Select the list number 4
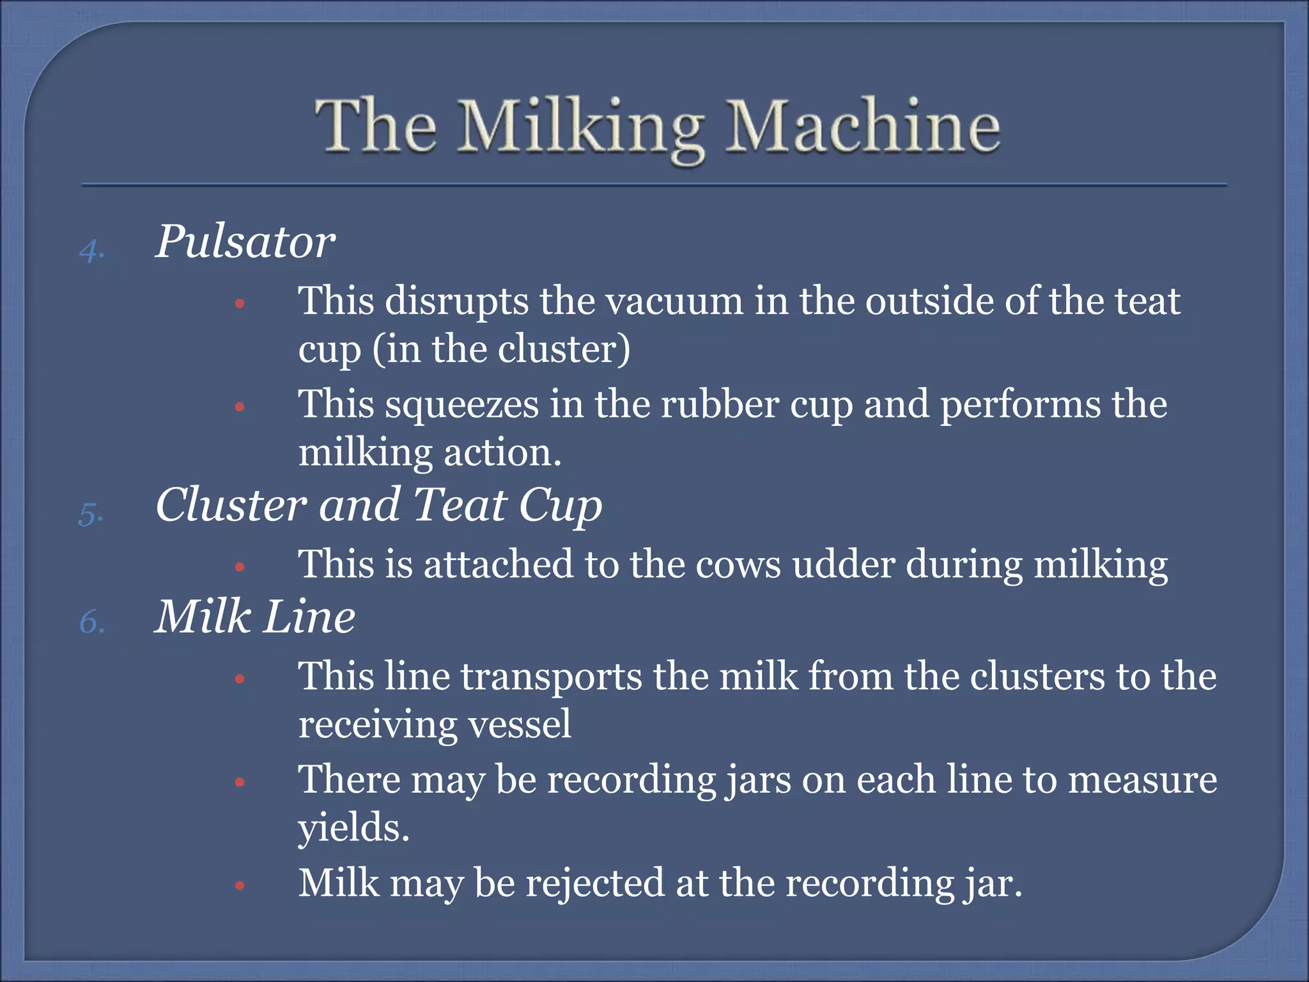(x=92, y=249)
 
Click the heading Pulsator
(x=245, y=242)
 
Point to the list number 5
(x=91, y=513)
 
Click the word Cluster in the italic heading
(x=231, y=505)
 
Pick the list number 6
(x=92, y=622)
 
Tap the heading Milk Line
(x=254, y=617)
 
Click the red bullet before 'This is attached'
(x=240, y=566)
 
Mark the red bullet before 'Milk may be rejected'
(x=240, y=885)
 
